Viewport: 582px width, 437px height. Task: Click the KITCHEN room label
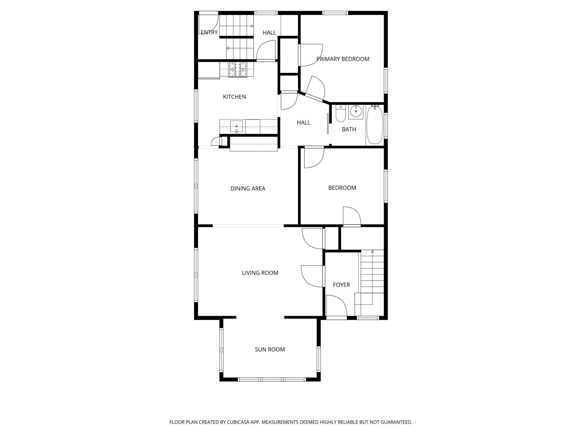[234, 97]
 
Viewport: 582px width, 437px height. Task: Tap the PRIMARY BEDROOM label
[343, 59]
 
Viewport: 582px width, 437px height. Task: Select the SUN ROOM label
[270, 350]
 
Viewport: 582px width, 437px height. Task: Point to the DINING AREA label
[248, 188]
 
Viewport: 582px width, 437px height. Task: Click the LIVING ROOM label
[260, 273]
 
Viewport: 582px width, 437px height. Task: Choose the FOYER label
[341, 285]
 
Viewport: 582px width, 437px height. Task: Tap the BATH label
[349, 129]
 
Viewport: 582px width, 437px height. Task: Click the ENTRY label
[209, 32]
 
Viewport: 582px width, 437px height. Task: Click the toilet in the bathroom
[341, 113]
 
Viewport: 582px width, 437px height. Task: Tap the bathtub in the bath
[375, 125]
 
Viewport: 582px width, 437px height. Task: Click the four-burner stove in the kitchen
[238, 70]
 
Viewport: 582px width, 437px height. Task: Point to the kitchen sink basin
[236, 127]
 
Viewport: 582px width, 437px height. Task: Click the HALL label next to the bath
[303, 123]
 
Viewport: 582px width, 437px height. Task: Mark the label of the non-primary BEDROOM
[342, 188]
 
